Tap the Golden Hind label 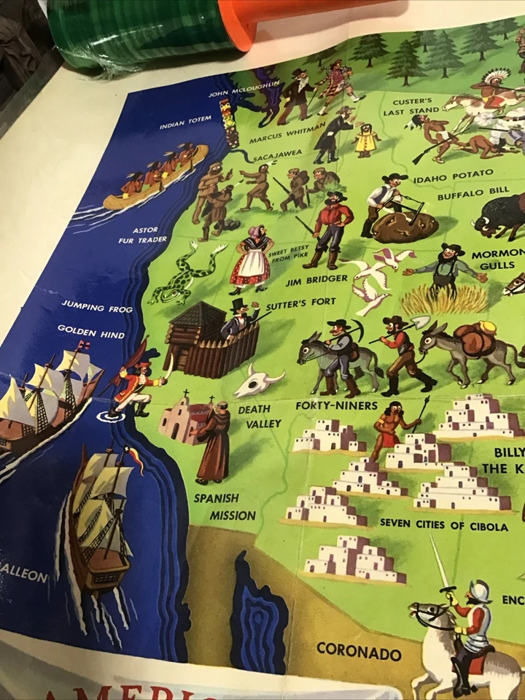(91, 332)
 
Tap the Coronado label (359, 650)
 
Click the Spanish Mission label (223, 507)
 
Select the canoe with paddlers (155, 178)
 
